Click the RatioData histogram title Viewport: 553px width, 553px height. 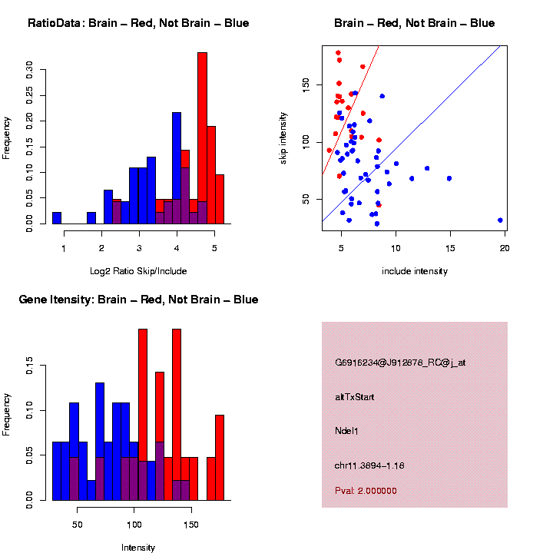(138, 23)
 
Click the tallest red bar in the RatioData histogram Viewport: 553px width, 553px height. (202, 138)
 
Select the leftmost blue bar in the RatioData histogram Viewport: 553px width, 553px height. (57, 218)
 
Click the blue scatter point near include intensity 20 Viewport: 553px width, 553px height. (500, 220)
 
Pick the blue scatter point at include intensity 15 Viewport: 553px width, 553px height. (449, 178)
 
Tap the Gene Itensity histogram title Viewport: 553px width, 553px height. (138, 300)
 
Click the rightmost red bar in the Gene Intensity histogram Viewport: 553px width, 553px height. (220, 457)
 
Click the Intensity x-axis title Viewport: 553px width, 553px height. (138, 548)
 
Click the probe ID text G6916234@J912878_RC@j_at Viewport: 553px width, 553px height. (400, 363)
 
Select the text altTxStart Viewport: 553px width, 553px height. (355, 397)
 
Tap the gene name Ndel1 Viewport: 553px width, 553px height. (346, 431)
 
